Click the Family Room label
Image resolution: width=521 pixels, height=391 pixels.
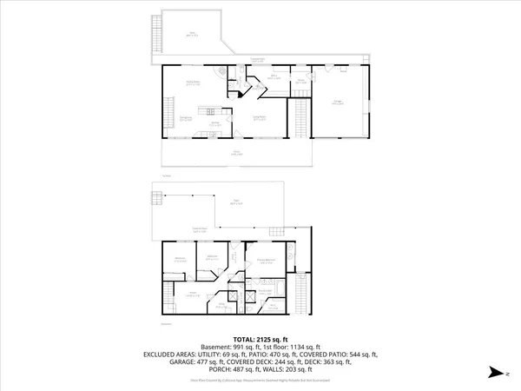click(x=189, y=83)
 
